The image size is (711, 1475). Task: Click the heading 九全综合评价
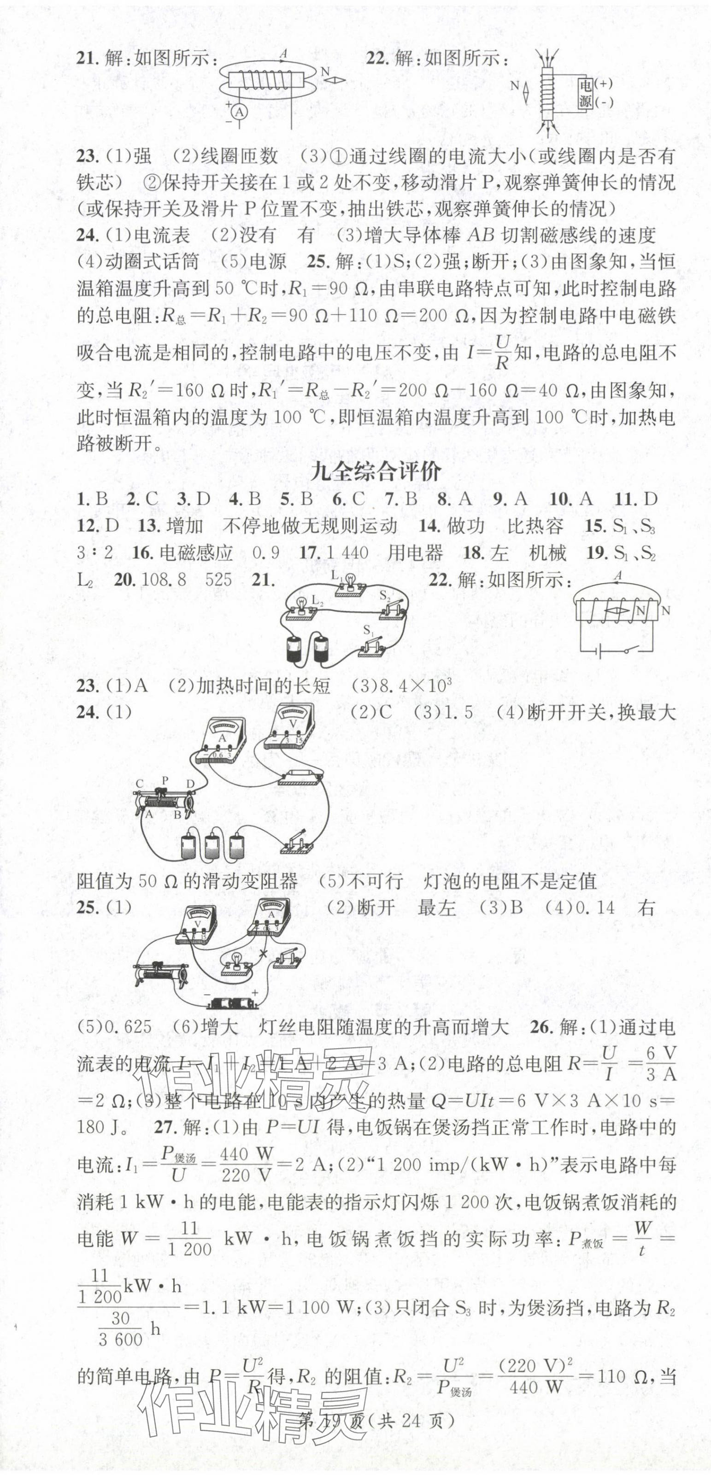375,472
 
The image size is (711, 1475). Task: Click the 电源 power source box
584,93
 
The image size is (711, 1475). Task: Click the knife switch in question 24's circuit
295,844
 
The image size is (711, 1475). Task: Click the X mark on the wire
264,955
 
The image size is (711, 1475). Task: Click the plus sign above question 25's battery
255,993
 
